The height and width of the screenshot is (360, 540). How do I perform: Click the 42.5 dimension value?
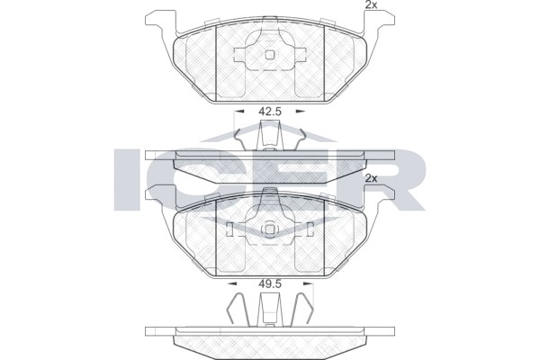point(269,112)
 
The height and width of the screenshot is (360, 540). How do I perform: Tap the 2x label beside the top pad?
point(370,5)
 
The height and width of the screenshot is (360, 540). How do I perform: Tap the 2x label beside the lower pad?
point(370,179)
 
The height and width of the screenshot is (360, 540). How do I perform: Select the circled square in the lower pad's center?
point(270,229)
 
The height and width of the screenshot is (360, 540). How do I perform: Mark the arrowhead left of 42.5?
point(239,112)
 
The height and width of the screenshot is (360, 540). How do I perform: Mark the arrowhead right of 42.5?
point(300,112)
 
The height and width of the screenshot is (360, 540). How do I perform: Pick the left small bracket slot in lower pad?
point(230,229)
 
